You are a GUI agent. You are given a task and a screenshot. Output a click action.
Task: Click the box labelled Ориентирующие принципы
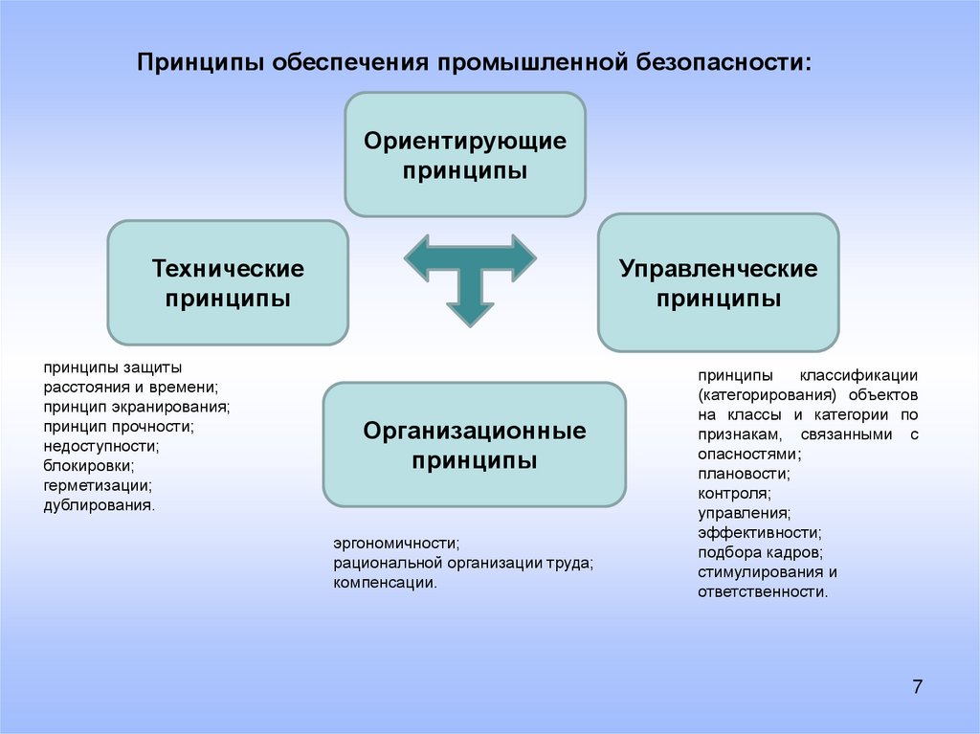[x=465, y=155]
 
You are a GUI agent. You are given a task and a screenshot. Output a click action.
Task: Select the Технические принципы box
[x=228, y=282]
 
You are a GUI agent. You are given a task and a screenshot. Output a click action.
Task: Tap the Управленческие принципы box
[x=718, y=282]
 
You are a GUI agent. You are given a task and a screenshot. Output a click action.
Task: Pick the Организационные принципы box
[x=474, y=445]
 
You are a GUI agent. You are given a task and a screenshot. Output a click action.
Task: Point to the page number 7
[x=918, y=686]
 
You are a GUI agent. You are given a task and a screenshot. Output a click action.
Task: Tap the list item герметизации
[x=97, y=485]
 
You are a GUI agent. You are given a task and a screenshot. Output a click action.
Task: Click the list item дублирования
[x=98, y=504]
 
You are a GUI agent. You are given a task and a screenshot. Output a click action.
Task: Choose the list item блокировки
[x=88, y=465]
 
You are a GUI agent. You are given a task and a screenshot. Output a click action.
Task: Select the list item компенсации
[x=385, y=582]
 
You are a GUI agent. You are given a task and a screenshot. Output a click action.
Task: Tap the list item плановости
[x=744, y=474]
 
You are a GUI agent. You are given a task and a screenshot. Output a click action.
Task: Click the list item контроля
[x=734, y=494]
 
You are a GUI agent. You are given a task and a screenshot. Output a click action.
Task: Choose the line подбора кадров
[x=760, y=553]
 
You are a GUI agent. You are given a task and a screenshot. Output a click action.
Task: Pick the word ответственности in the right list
[x=762, y=592]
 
